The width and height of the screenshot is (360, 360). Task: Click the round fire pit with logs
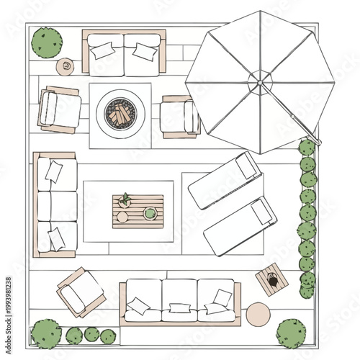click(x=120, y=113)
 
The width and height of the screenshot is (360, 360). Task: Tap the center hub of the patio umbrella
click(x=259, y=83)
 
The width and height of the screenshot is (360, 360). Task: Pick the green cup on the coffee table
click(x=150, y=213)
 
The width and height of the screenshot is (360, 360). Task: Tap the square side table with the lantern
click(x=271, y=281)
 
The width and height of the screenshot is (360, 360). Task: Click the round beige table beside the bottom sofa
click(x=258, y=315)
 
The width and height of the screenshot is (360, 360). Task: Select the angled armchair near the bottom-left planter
click(x=81, y=291)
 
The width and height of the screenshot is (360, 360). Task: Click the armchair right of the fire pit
click(x=179, y=117)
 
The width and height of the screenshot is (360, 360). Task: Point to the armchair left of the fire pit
click(x=59, y=109)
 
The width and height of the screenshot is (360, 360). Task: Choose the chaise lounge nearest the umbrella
click(x=224, y=179)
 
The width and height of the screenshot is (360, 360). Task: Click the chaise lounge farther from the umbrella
click(x=240, y=225)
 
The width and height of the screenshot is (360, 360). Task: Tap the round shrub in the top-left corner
click(x=48, y=42)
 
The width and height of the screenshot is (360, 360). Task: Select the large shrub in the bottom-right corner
click(x=291, y=333)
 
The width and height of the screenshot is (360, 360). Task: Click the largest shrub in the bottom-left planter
click(x=47, y=333)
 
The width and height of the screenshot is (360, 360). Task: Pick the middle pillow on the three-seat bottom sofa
click(x=180, y=309)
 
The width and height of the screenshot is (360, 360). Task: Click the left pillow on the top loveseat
click(x=102, y=50)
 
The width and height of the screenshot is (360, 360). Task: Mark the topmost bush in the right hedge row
click(x=307, y=148)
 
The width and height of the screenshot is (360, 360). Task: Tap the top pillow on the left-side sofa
click(x=53, y=171)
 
